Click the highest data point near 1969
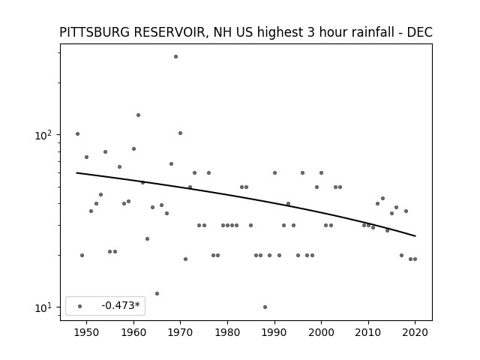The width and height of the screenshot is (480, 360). [175, 57]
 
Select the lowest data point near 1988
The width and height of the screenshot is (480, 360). [265, 307]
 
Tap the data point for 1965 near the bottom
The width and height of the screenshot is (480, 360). [157, 293]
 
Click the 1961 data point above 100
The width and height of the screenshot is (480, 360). [138, 115]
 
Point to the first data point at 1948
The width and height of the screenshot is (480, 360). [77, 133]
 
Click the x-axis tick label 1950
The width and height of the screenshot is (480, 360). [87, 332]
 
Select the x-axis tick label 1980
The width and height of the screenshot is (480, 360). [227, 332]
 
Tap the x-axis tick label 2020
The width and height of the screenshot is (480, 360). [415, 332]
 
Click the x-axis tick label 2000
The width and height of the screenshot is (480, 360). [321, 332]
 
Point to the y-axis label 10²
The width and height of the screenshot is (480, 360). [44, 135]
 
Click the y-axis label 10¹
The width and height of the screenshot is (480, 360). [44, 307]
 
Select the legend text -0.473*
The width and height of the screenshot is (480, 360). [121, 305]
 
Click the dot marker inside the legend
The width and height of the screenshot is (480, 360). [80, 306]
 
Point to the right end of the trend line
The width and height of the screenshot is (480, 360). [415, 236]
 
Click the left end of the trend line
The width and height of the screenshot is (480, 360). [76, 173]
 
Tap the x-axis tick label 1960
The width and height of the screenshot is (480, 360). [133, 332]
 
